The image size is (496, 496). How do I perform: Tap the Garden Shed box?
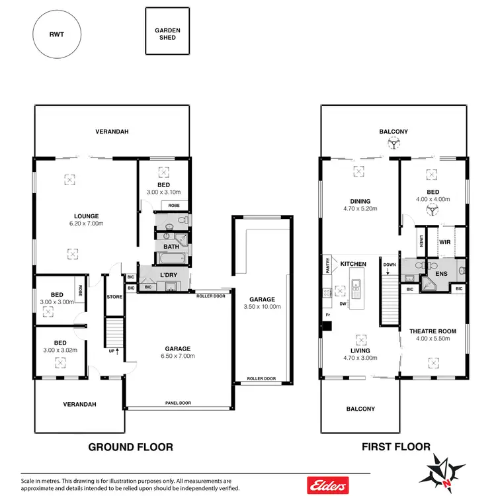[x=168, y=34]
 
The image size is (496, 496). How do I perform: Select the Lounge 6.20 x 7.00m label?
[x=87, y=220]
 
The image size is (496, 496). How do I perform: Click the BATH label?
[x=171, y=247]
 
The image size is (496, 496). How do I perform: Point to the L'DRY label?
[x=167, y=274]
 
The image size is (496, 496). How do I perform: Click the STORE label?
[x=114, y=296]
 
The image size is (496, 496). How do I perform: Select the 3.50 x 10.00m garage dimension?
[x=262, y=307]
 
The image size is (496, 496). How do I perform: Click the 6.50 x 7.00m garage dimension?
[x=178, y=356]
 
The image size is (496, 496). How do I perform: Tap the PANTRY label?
[x=326, y=266]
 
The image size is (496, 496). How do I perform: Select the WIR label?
[x=444, y=243]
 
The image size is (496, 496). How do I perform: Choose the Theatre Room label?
[x=433, y=335]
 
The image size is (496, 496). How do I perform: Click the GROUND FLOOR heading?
[x=131, y=447]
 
